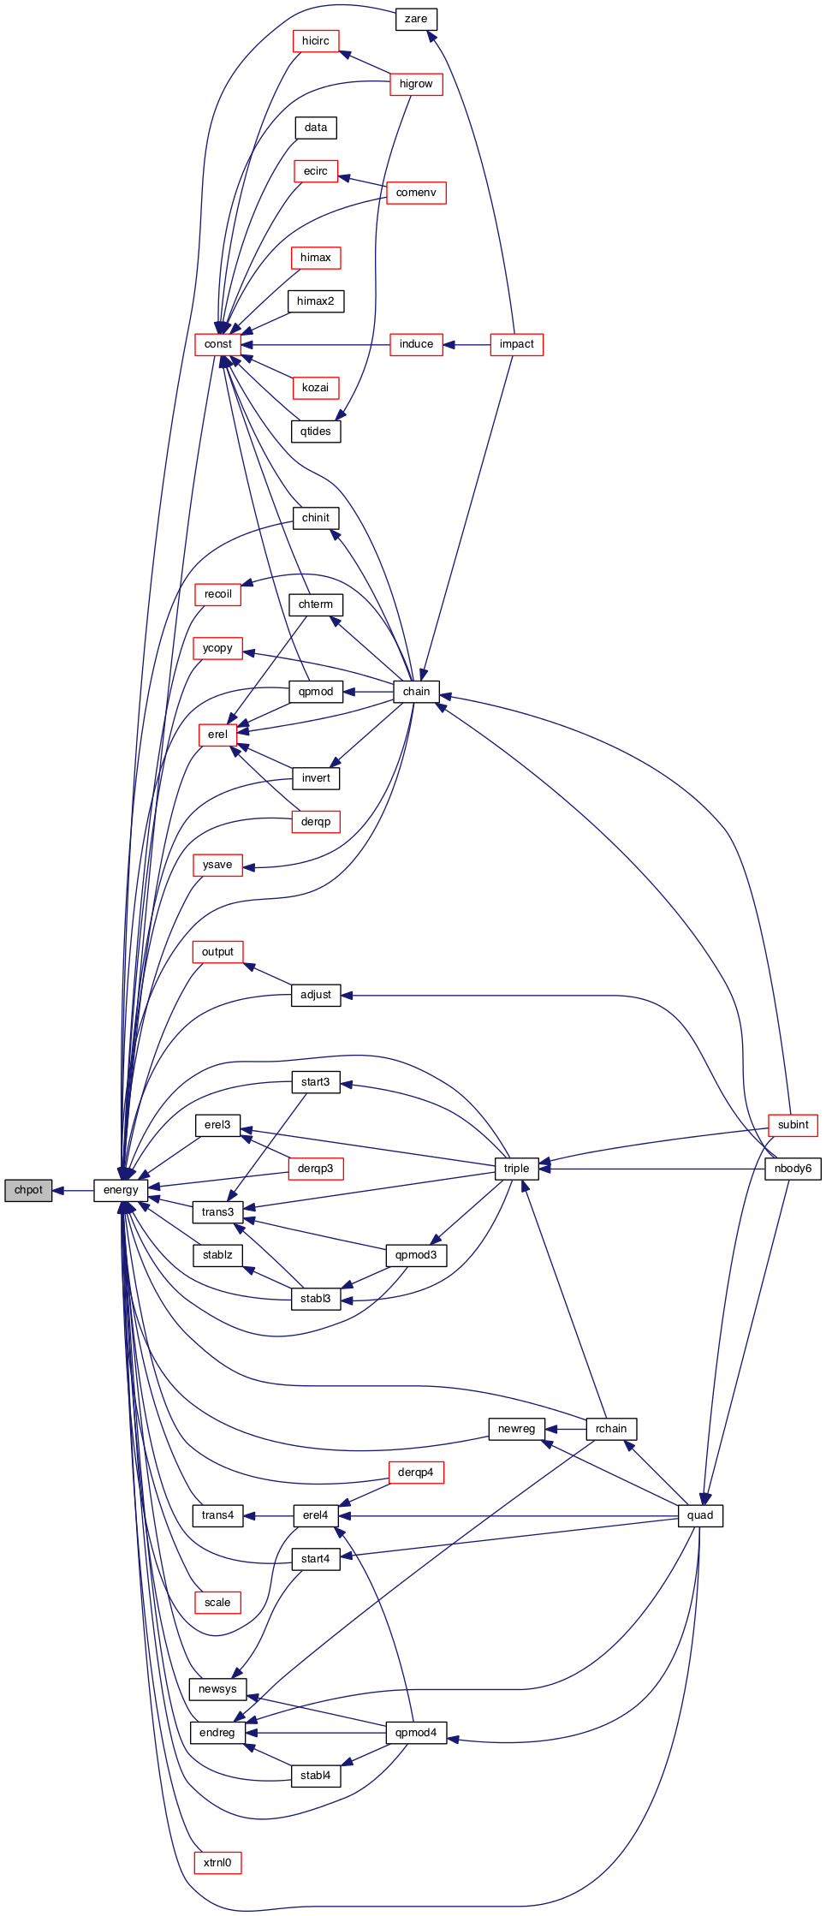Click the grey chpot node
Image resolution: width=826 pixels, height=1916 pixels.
point(28,1190)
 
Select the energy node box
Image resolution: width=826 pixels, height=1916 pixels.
point(121,1190)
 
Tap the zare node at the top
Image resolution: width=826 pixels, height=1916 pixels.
point(416,19)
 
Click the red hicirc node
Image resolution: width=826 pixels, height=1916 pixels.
point(316,41)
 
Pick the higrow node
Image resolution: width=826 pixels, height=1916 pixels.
point(416,84)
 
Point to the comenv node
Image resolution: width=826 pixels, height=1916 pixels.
point(416,193)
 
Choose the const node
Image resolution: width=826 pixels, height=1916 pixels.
point(218,344)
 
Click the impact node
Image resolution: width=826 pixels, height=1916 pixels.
point(516,344)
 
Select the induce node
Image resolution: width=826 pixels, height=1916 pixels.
point(416,344)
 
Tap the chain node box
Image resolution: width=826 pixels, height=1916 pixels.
point(416,692)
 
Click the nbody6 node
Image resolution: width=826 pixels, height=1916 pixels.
point(793,1169)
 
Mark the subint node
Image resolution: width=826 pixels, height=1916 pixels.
point(793,1125)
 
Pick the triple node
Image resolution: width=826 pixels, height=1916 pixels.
point(516,1169)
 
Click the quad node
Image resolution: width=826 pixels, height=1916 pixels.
point(700,1515)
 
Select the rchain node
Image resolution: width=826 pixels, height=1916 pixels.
point(611,1429)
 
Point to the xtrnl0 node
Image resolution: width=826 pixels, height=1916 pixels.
point(217,1863)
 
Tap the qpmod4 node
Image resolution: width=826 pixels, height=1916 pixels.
point(416,1733)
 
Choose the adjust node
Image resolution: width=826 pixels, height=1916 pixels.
point(316,995)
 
